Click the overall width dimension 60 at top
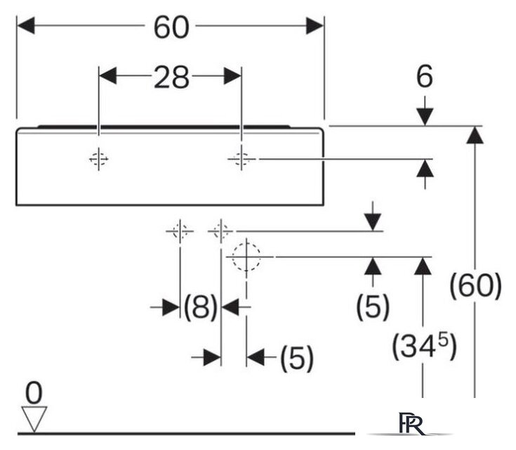point(171,27)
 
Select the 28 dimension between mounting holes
point(171,77)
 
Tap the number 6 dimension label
point(425,77)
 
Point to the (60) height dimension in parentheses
point(475,286)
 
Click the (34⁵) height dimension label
point(424,346)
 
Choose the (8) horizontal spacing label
point(200,307)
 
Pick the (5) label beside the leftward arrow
point(297,358)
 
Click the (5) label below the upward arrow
point(373,307)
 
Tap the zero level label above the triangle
point(34,393)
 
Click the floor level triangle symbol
point(34,418)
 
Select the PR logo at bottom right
point(411,423)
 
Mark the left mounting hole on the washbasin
point(99,159)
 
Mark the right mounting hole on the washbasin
point(242,159)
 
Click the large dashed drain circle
point(246,257)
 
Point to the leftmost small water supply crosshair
point(180,231)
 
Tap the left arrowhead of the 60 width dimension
point(26,26)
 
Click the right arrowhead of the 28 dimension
point(232,76)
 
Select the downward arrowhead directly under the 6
point(425,117)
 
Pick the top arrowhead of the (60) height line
point(475,135)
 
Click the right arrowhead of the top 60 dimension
point(315,26)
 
